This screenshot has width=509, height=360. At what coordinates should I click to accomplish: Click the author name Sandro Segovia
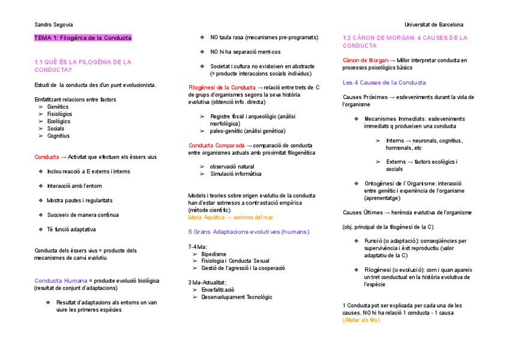(x=53, y=25)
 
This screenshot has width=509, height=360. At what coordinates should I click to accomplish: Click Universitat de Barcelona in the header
(x=434, y=25)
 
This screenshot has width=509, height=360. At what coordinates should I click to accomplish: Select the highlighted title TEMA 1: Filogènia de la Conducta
(x=83, y=38)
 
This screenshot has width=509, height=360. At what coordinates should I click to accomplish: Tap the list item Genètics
(x=58, y=107)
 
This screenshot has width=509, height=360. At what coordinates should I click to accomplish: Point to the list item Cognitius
(x=59, y=136)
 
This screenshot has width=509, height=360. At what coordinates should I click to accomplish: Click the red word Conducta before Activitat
(x=46, y=157)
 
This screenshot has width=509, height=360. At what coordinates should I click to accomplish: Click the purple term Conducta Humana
(x=61, y=280)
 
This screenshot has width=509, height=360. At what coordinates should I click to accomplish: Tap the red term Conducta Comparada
(x=216, y=145)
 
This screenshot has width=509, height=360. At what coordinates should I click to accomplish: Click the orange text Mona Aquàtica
(x=206, y=217)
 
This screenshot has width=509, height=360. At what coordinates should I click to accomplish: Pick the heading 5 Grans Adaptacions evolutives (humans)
(x=248, y=232)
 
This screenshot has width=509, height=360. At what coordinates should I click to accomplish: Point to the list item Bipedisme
(x=214, y=254)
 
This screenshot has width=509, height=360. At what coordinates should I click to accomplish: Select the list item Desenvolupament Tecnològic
(x=236, y=297)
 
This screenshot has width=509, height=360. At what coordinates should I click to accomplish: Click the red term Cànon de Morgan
(x=365, y=60)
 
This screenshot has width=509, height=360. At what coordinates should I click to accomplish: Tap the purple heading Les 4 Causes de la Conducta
(x=384, y=82)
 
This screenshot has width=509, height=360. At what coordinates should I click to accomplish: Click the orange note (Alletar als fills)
(x=361, y=320)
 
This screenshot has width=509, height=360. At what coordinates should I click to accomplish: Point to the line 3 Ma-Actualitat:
(x=208, y=282)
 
